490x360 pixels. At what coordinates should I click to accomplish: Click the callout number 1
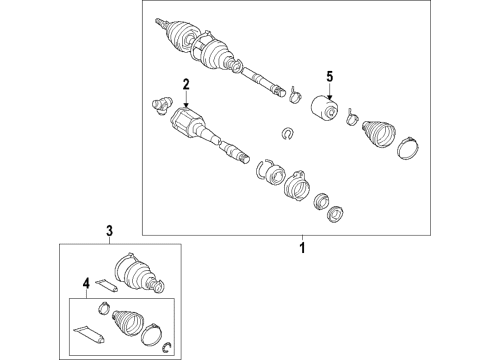pos(302,248)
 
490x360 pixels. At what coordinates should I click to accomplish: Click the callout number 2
pos(186,84)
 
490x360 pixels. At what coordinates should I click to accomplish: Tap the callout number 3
pos(110,230)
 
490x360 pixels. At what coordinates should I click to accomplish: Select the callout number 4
pos(86,284)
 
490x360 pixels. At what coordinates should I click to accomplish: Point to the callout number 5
pos(329,77)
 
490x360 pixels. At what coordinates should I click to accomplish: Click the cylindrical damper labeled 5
pos(325,108)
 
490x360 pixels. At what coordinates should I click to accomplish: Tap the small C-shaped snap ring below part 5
pos(287,134)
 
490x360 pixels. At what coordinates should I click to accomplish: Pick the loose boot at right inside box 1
pos(378,133)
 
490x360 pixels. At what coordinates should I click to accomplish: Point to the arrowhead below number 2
pos(186,104)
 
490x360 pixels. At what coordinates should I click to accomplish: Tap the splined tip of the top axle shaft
pos(159,23)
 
